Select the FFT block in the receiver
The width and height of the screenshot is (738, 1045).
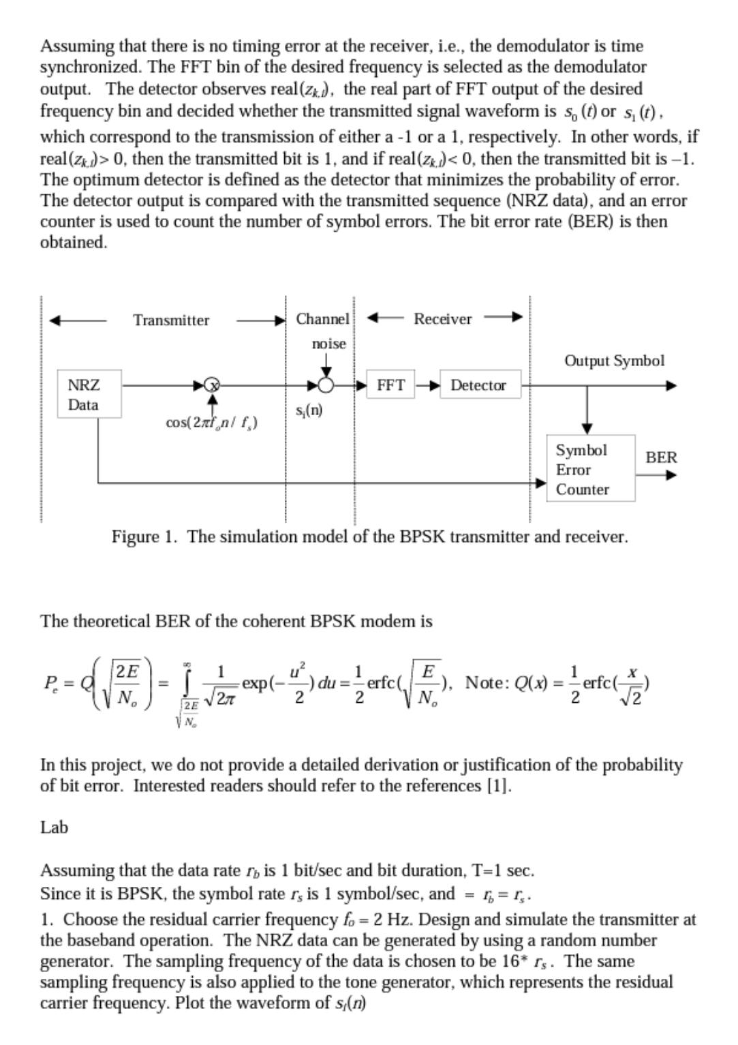coord(390,385)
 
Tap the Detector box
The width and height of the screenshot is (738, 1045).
coord(478,385)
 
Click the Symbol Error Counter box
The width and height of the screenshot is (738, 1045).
coord(589,469)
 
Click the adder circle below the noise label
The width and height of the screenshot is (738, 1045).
coord(327,385)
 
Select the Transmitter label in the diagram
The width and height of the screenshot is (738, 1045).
coord(171,320)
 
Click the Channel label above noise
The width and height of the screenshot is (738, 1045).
coord(322,318)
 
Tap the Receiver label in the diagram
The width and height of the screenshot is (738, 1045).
coord(442,318)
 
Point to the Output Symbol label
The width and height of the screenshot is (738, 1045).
coord(614,361)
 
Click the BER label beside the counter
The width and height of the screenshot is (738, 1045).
coord(661,457)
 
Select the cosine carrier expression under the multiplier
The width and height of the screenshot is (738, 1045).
coord(211,423)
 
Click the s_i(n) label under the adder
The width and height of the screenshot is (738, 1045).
coord(309,410)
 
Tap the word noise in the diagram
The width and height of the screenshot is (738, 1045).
coord(328,344)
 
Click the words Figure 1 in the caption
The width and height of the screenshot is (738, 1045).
coord(145,536)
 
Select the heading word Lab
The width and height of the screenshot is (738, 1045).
coord(55,827)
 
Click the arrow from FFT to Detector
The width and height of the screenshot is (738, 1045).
coord(429,385)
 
